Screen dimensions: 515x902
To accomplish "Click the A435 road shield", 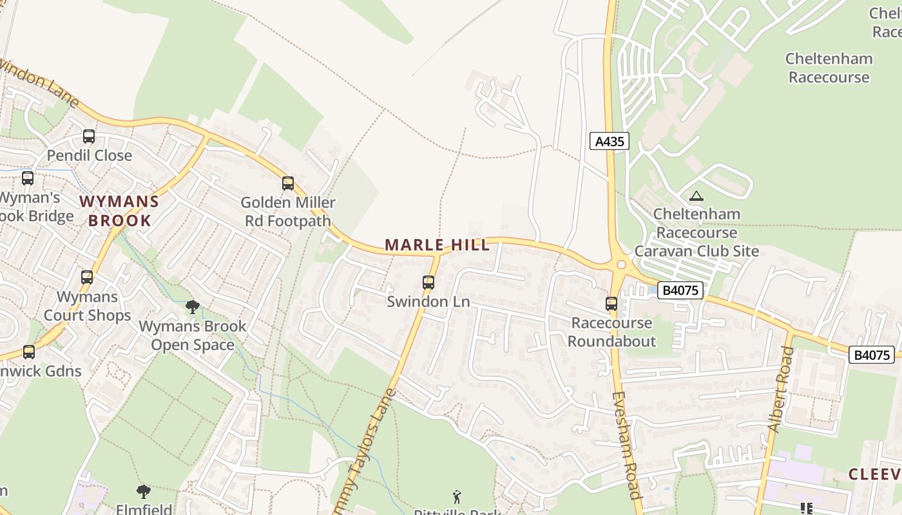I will pyautogui.click(x=609, y=141).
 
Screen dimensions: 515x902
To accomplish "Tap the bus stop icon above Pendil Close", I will pyautogui.click(x=89, y=136).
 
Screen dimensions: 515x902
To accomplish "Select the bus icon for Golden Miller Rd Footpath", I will pyautogui.click(x=288, y=183).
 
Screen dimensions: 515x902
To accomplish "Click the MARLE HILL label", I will pyautogui.click(x=437, y=245).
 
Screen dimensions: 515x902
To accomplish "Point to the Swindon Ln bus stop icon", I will pyautogui.click(x=428, y=282).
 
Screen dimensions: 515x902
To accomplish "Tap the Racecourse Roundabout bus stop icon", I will pyautogui.click(x=611, y=304).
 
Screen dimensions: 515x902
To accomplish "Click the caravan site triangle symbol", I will pyautogui.click(x=696, y=196).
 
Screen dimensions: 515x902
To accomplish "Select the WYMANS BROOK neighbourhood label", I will pyautogui.click(x=119, y=211).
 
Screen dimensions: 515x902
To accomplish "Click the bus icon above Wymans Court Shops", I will pyautogui.click(x=87, y=277).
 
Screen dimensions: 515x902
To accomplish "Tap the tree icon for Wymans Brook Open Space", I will pyautogui.click(x=192, y=306).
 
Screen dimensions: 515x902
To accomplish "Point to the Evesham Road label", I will pyautogui.click(x=626, y=445).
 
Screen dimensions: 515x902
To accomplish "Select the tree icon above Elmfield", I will pyautogui.click(x=144, y=492).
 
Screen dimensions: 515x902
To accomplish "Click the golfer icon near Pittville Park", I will pyautogui.click(x=457, y=497).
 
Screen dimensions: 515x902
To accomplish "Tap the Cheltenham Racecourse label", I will pyautogui.click(x=829, y=68).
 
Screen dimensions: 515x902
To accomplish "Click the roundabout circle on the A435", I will pyautogui.click(x=621, y=264).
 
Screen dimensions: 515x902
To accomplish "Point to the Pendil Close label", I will pyautogui.click(x=89, y=156).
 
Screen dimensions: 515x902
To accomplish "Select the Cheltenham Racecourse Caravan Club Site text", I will pyautogui.click(x=696, y=232).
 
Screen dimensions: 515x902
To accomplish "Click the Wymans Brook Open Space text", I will pyautogui.click(x=193, y=335).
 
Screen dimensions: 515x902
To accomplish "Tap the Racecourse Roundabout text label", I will pyautogui.click(x=611, y=332).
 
